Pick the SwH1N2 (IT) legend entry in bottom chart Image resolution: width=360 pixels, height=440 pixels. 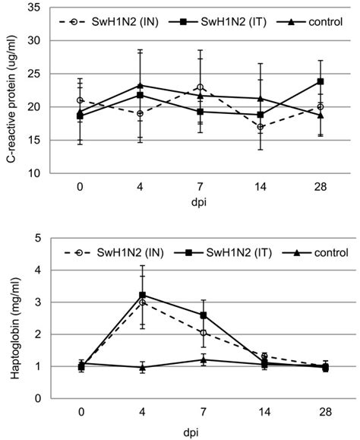click(x=226, y=252)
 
